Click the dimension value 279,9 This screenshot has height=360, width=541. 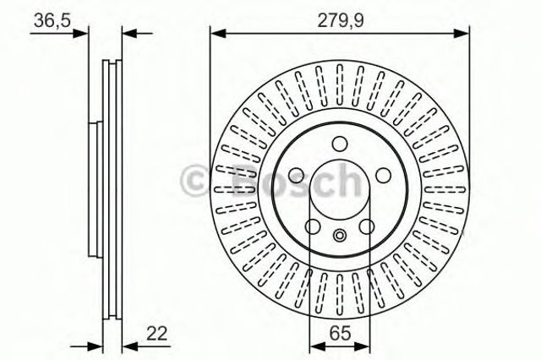[x=339, y=19]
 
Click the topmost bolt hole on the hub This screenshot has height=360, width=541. [x=339, y=145]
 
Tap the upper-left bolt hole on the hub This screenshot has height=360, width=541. [x=297, y=175]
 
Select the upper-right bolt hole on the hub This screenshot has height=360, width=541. [x=382, y=175]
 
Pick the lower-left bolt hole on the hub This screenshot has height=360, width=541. [x=313, y=226]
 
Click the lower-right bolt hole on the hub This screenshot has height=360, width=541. [x=366, y=226]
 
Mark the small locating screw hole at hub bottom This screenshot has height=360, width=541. [x=339, y=236]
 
